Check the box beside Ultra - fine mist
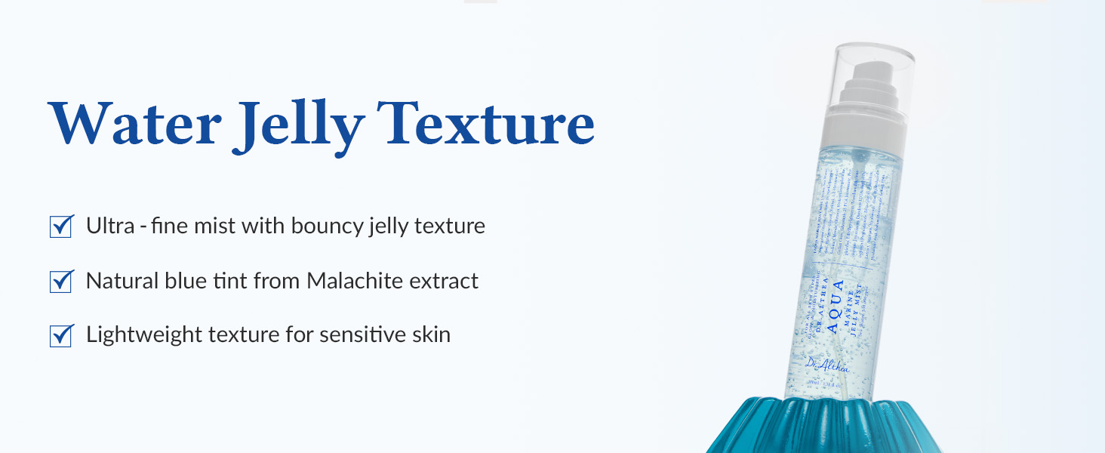(61, 226)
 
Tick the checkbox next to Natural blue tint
(61, 281)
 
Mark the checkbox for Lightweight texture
(61, 335)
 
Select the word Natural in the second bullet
(118, 281)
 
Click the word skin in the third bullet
(430, 334)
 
